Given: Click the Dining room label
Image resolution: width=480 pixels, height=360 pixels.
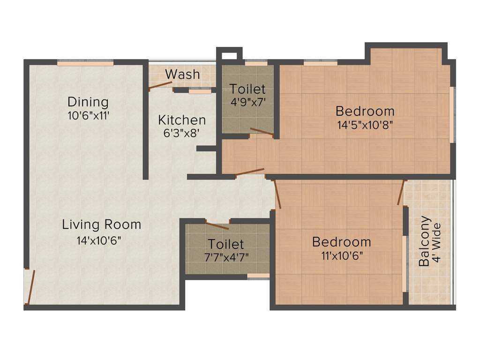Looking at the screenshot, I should [x=88, y=102].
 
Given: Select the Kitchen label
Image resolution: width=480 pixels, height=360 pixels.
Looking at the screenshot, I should [x=181, y=120].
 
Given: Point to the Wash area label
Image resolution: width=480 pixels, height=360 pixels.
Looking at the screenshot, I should [x=182, y=74].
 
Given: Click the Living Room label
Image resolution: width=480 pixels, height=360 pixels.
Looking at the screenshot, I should [x=102, y=225].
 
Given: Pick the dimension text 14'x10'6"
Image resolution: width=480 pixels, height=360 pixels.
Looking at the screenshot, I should [x=99, y=240].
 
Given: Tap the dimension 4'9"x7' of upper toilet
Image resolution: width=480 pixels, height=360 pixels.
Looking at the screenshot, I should [x=247, y=102].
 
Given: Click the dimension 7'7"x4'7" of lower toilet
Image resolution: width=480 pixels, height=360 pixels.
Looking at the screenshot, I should [x=226, y=257].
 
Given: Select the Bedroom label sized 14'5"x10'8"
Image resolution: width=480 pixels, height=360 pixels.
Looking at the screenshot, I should [x=365, y=111].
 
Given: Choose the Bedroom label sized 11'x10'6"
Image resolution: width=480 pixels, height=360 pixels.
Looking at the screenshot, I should [x=342, y=242].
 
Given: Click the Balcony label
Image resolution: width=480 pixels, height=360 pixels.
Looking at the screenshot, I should [x=424, y=241].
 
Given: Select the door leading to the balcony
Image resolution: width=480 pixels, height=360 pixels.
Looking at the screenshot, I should [x=401, y=192].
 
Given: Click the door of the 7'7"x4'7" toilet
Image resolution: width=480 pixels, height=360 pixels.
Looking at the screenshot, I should [x=217, y=225].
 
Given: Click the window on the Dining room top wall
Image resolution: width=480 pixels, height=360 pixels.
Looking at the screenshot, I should [x=85, y=62].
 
